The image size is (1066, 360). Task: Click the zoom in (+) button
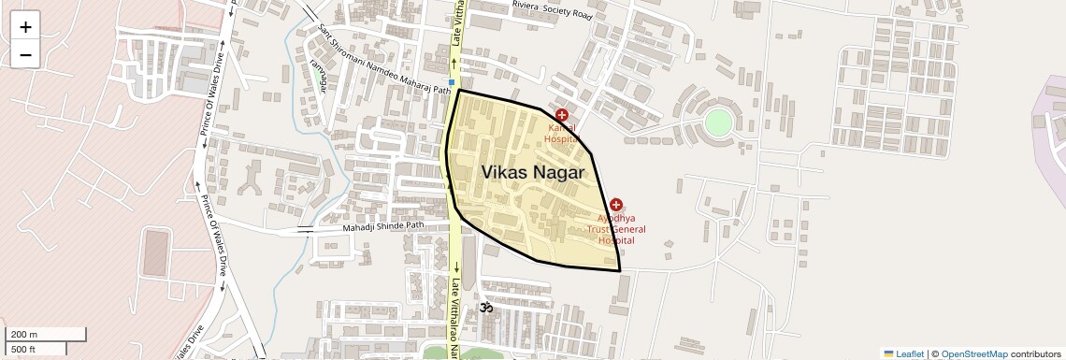pyautogui.click(x=25, y=26)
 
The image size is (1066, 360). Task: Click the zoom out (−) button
pyautogui.click(x=25, y=54)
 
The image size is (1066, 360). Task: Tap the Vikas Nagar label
pyautogui.click(x=533, y=173)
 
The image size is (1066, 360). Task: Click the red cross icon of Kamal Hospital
pyautogui.click(x=561, y=115)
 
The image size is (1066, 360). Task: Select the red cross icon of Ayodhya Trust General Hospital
pyautogui.click(x=616, y=205)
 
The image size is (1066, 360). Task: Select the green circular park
pyautogui.click(x=718, y=122)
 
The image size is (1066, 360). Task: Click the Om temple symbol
pyautogui.click(x=485, y=307)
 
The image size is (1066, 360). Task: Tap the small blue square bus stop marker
pyautogui.click(x=451, y=82)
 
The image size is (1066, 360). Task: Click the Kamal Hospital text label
pyautogui.click(x=561, y=132)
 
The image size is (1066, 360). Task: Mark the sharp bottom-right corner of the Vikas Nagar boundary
pyautogui.click(x=620, y=271)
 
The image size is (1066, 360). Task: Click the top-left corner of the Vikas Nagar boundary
pyautogui.click(x=458, y=91)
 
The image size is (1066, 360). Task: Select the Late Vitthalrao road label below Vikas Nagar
pyautogui.click(x=455, y=318)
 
